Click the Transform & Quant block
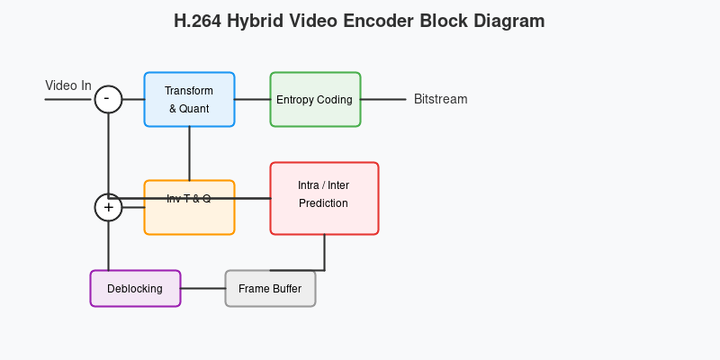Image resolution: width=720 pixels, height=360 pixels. coord(189,99)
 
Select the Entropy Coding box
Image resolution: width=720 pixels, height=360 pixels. coord(316,99)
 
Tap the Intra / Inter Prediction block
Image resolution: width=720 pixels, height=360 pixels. coord(324,198)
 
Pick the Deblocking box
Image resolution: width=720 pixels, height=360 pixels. coord(136,288)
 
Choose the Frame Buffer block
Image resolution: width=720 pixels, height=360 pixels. coord(271,288)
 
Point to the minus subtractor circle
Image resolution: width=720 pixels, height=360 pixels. coord(108,99)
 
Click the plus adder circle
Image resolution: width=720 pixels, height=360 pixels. coord(108,208)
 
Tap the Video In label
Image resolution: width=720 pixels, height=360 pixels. coord(68,85)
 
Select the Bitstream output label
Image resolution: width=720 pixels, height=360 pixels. coord(441,99)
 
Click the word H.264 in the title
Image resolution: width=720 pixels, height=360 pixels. coord(197,21)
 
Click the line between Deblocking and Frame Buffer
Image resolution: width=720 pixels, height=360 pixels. coord(203,288)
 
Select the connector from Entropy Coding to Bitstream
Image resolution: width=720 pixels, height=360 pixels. coord(383,99)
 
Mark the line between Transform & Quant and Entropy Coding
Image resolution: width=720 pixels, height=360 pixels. coord(253,99)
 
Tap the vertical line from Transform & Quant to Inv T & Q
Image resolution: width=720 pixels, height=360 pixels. coord(189,153)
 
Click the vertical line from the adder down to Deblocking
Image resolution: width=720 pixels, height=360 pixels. coord(108,246)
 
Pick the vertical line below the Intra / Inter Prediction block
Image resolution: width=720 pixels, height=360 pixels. coord(325,253)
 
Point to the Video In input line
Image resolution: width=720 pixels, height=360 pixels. coord(70,99)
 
